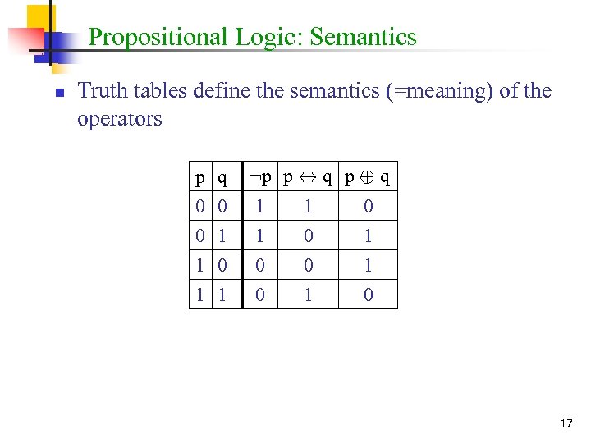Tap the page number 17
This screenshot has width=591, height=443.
click(x=566, y=423)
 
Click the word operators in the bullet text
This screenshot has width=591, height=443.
click(x=120, y=119)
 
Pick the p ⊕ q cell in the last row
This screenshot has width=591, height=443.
click(x=368, y=295)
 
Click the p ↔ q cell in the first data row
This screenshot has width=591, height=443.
click(x=308, y=205)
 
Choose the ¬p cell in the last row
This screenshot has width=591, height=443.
click(x=259, y=295)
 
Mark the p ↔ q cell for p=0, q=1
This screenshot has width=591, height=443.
click(x=308, y=235)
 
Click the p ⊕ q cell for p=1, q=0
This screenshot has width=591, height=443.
click(x=368, y=265)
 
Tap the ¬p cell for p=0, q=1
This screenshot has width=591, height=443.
click(x=259, y=235)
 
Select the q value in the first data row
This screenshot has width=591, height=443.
click(x=222, y=205)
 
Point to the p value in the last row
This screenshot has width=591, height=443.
click(x=200, y=295)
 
